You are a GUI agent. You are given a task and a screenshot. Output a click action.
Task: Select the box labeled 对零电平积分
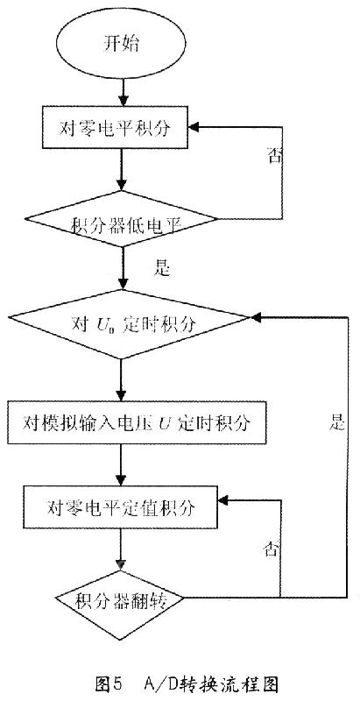(116, 127)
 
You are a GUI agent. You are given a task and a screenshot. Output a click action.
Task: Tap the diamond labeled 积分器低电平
(121, 219)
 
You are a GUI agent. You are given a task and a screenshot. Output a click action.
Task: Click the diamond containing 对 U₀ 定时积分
(129, 324)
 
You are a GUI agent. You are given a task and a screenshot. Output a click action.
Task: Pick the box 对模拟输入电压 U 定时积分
(138, 423)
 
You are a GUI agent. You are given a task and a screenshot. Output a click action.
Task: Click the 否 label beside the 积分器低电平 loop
(274, 157)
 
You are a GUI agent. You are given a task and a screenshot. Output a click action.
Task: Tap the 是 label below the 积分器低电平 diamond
(162, 268)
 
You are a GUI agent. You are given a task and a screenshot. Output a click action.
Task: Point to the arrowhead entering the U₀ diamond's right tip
(255, 317)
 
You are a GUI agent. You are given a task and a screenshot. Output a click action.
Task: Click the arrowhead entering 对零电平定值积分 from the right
(222, 501)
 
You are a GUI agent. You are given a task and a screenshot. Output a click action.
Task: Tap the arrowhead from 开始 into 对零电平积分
(124, 101)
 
